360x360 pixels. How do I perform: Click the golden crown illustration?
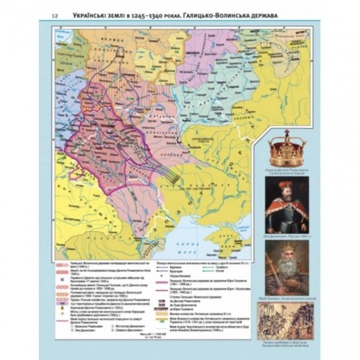tap(287, 151)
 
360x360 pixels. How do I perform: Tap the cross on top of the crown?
tap(287, 134)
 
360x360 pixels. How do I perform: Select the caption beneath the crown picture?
tap(287, 171)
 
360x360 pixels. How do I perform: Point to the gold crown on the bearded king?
tap(287, 245)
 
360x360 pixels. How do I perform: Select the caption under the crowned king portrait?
tap(287, 298)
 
